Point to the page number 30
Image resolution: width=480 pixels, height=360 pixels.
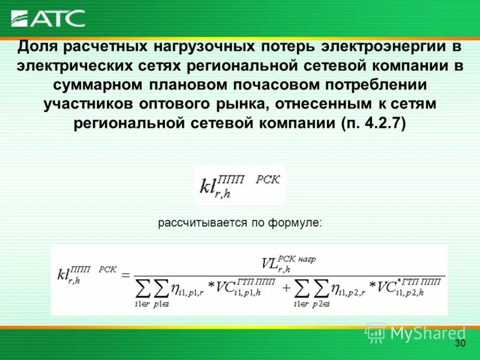pyautogui.click(x=460, y=343)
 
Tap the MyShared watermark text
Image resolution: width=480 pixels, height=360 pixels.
pyautogui.click(x=427, y=332)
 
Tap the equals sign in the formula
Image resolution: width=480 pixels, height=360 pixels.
pyautogui.click(x=126, y=275)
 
